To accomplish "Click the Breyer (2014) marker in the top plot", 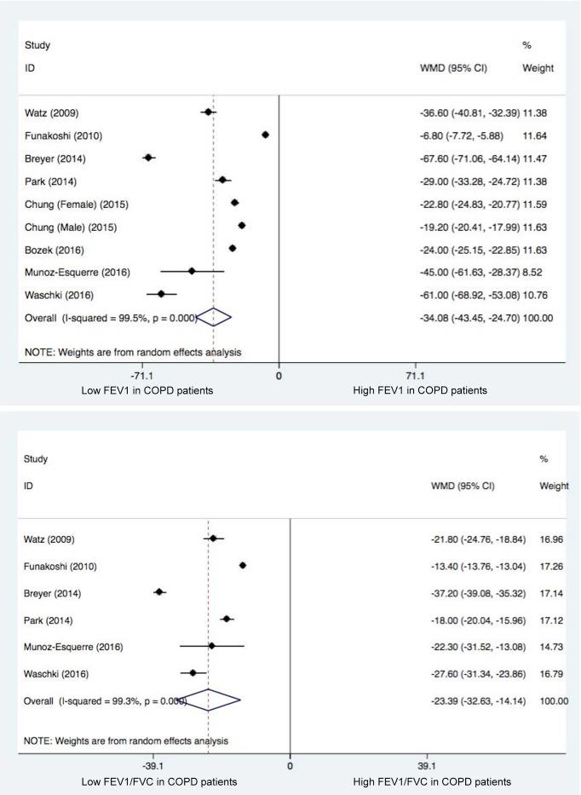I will tap(148, 158).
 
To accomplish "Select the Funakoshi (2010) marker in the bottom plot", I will tap(243, 565).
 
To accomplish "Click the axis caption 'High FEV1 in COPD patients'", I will tap(420, 390).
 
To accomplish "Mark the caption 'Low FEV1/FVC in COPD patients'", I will tap(158, 781).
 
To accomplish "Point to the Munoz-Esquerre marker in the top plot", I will tap(192, 271).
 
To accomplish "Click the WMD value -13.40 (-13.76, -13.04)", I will tap(476, 566).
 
